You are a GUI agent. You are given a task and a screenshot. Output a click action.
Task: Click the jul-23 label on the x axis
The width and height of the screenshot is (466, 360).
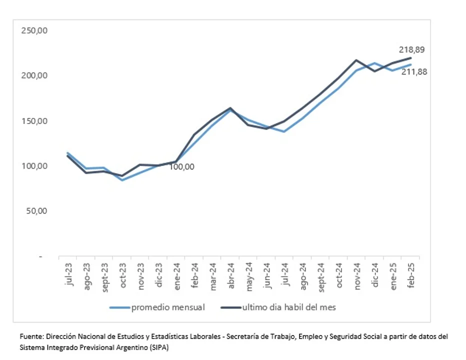tap(68, 274)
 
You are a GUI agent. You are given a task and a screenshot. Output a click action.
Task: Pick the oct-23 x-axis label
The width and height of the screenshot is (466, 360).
tap(122, 274)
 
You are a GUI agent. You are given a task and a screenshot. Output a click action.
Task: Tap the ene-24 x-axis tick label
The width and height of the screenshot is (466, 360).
tap(176, 274)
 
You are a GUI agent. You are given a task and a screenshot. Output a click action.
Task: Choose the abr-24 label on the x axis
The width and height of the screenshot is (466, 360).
tap(230, 274)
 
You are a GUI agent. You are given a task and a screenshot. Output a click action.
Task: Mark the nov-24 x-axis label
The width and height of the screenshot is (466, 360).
tap(356, 274)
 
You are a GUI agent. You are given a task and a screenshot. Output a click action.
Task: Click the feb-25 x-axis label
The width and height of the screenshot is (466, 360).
tap(410, 274)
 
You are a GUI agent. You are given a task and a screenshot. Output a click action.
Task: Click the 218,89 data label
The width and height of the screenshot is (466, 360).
tap(411, 49)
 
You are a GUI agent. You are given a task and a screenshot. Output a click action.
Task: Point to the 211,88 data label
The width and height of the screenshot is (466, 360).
tap(414, 72)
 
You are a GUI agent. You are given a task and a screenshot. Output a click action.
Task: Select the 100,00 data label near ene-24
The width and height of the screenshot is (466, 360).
tap(181, 167)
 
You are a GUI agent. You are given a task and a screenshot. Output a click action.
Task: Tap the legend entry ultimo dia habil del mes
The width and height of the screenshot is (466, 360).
tap(289, 307)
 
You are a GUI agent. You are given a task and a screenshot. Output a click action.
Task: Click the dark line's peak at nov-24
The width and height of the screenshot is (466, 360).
tap(356, 60)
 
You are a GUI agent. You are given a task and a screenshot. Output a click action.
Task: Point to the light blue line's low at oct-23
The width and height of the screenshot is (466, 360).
tap(122, 180)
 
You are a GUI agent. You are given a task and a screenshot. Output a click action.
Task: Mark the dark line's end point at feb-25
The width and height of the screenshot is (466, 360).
tap(410, 58)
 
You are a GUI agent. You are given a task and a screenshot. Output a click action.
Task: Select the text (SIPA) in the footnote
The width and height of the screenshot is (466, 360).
tap(159, 347)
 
